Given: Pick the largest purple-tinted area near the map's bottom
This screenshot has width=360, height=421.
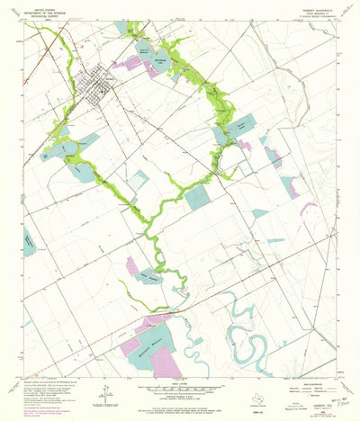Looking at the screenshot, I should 164,359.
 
